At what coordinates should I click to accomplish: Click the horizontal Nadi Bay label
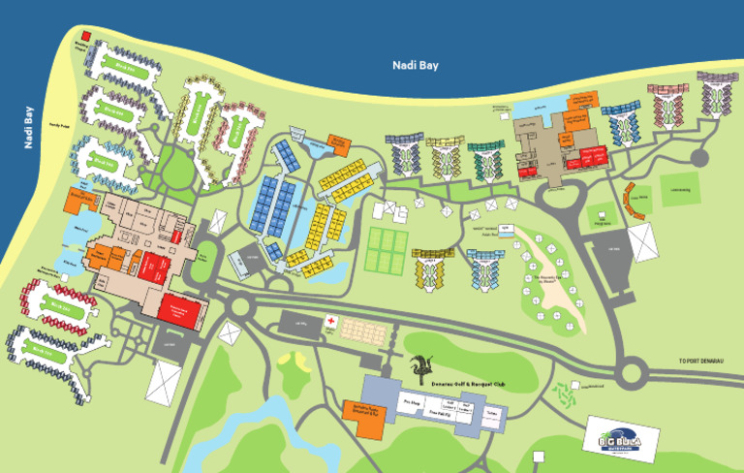click(415, 65)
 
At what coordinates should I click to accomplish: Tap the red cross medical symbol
click(331, 321)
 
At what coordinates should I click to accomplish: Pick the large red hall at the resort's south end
click(183, 308)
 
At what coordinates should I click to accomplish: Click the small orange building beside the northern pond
click(338, 142)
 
